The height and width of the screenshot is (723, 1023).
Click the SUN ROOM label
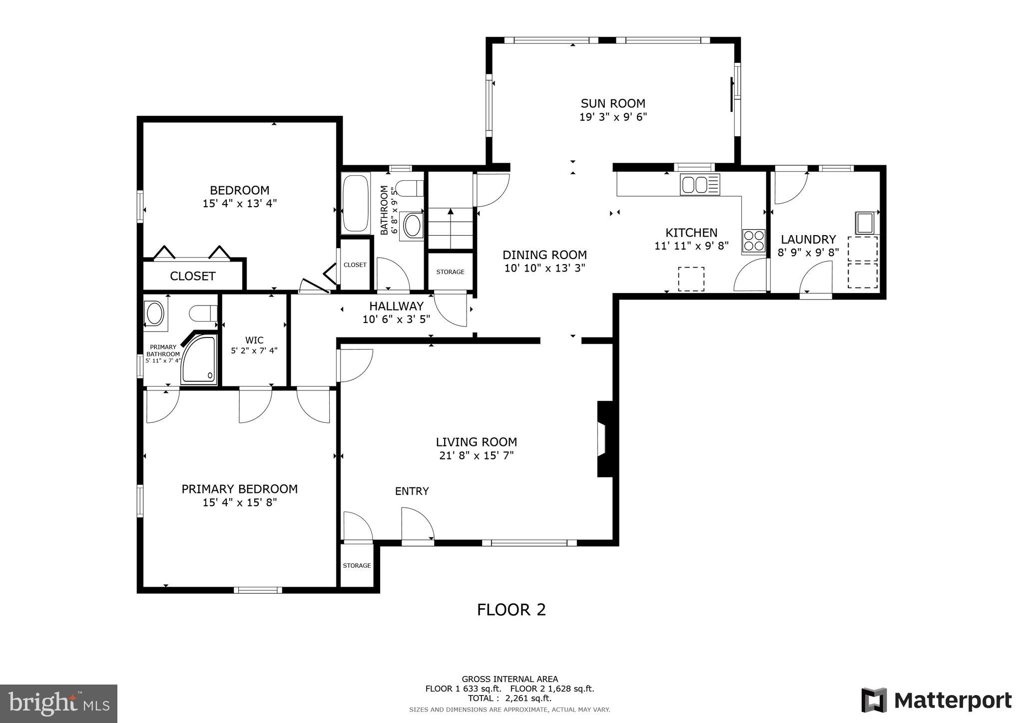[612, 103]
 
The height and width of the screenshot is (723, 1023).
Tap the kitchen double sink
[700, 184]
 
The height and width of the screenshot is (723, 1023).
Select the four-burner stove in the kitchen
[753, 241]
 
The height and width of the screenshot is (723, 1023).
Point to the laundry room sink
[865, 223]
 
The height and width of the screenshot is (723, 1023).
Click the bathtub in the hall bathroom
[356, 203]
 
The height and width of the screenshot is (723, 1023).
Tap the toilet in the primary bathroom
[202, 314]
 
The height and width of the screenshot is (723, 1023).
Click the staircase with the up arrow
[451, 228]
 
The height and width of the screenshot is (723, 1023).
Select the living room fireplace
[604, 438]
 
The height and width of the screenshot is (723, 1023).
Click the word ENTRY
[412, 491]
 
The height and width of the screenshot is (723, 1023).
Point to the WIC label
[254, 340]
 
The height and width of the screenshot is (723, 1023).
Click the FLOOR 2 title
[511, 610]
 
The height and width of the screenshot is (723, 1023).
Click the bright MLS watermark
[58, 704]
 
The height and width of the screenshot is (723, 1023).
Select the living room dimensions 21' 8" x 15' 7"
[476, 455]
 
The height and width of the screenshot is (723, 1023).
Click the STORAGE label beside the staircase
[450, 272]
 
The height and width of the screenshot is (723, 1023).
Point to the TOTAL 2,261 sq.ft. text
[510, 698]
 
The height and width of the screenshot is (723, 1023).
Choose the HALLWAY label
[396, 306]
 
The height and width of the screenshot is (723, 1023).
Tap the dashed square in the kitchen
[691, 279]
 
